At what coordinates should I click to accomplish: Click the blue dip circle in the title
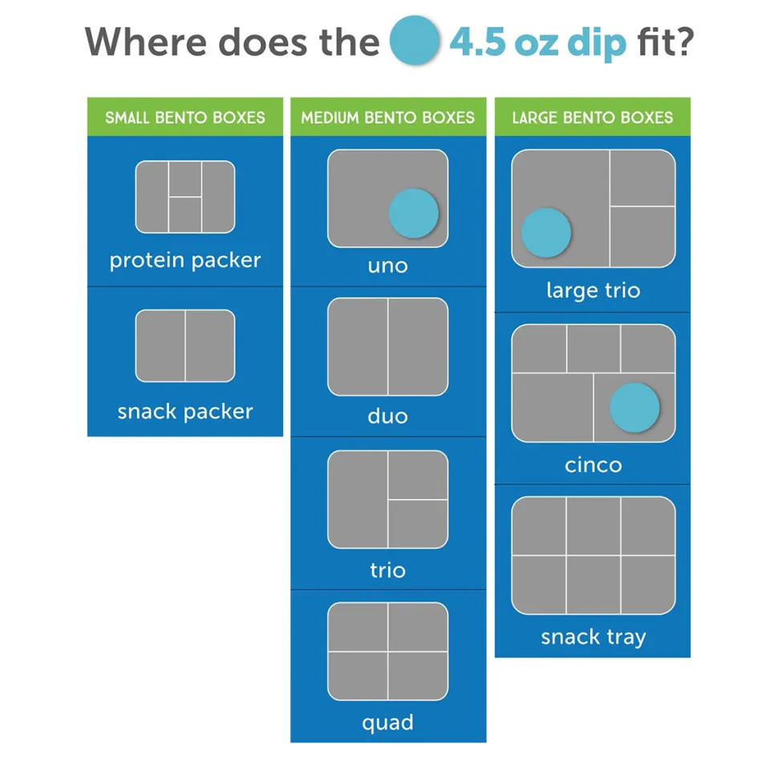(x=415, y=40)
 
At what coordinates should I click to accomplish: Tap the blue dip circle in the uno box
(x=413, y=213)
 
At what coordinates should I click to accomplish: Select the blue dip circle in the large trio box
(x=545, y=233)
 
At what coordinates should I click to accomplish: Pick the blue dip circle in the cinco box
(x=634, y=407)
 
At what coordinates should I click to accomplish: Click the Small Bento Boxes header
(x=185, y=117)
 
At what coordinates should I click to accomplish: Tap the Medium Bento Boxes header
(x=388, y=117)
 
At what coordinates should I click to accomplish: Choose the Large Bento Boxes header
(x=593, y=117)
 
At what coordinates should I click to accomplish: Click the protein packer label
(x=185, y=261)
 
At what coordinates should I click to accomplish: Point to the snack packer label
(x=185, y=411)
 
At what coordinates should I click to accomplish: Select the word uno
(x=388, y=266)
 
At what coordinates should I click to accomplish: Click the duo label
(x=388, y=415)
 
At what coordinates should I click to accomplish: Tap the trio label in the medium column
(x=388, y=569)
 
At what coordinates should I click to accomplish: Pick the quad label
(x=388, y=723)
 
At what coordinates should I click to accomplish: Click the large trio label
(x=594, y=291)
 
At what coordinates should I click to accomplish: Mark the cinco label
(x=594, y=465)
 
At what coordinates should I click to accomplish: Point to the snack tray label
(x=594, y=637)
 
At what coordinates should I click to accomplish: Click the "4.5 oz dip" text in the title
(x=538, y=43)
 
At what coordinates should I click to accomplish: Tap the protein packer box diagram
(x=185, y=197)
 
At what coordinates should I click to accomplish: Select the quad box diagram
(x=388, y=651)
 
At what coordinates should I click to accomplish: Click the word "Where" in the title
(x=145, y=42)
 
